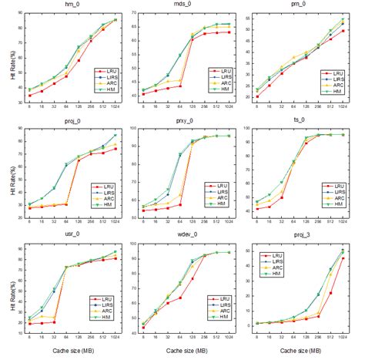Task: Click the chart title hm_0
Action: [x=74, y=5]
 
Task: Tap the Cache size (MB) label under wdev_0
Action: [x=192, y=354]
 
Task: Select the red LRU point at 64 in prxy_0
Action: [x=180, y=204]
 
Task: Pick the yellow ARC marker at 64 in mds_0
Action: [x=180, y=80]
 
